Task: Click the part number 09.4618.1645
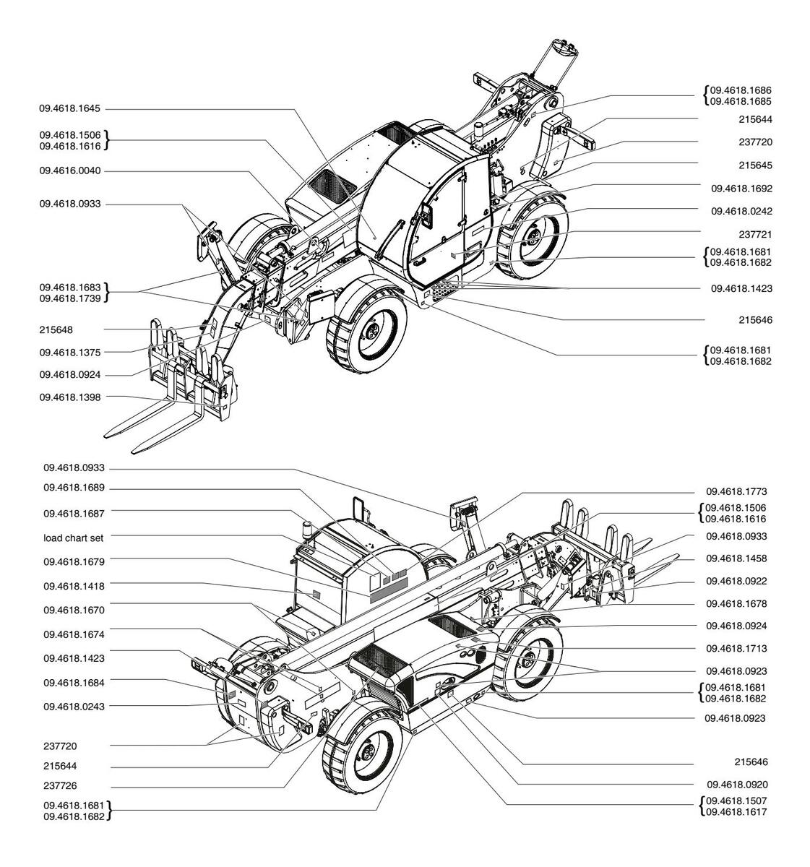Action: tap(70, 108)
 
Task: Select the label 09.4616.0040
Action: tap(70, 171)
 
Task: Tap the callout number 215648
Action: tap(56, 330)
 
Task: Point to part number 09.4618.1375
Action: tap(70, 353)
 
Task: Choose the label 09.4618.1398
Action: tap(70, 397)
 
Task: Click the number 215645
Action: tap(755, 165)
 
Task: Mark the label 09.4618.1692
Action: tap(742, 189)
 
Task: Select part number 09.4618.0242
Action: tap(742, 211)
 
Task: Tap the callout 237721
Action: tap(755, 234)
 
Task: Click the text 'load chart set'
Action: tap(74, 538)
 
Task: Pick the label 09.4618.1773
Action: tap(736, 491)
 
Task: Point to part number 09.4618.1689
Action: tap(74, 488)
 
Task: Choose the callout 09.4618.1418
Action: tap(74, 586)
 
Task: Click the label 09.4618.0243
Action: tap(74, 707)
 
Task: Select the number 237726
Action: tap(60, 786)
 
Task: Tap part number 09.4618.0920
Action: tap(738, 785)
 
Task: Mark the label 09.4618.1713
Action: tap(736, 649)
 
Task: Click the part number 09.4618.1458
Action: tap(736, 558)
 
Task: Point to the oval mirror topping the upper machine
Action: tap(564, 47)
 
